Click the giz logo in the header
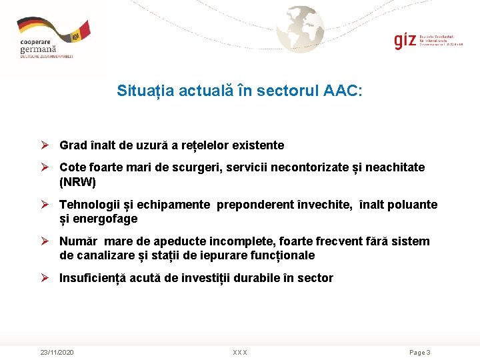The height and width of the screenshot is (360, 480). (405, 41)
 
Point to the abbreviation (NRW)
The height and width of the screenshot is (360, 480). (78, 181)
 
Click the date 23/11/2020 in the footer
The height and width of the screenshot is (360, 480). (57, 352)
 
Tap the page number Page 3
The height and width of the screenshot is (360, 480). (419, 352)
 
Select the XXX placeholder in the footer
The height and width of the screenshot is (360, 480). (240, 352)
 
